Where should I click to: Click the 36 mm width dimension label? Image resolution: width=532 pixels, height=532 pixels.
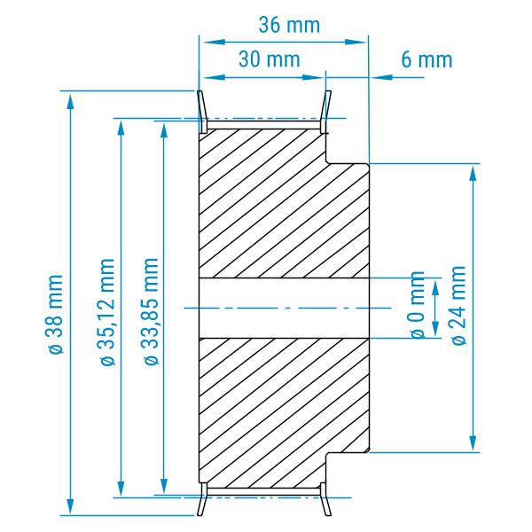(289, 25)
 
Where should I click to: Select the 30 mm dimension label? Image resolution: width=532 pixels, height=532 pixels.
(270, 59)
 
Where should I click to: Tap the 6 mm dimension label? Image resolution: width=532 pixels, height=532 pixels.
(426, 59)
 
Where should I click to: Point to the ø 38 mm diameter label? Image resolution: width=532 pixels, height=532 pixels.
(55, 315)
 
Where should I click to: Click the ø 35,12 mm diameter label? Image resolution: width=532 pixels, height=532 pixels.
(108, 311)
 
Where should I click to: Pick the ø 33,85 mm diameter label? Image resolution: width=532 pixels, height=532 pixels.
(152, 311)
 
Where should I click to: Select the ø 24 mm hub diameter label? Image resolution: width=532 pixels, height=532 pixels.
(458, 305)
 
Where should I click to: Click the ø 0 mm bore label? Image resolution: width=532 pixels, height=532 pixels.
(418, 305)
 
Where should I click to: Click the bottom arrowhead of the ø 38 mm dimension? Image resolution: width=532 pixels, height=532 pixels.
(70, 506)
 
